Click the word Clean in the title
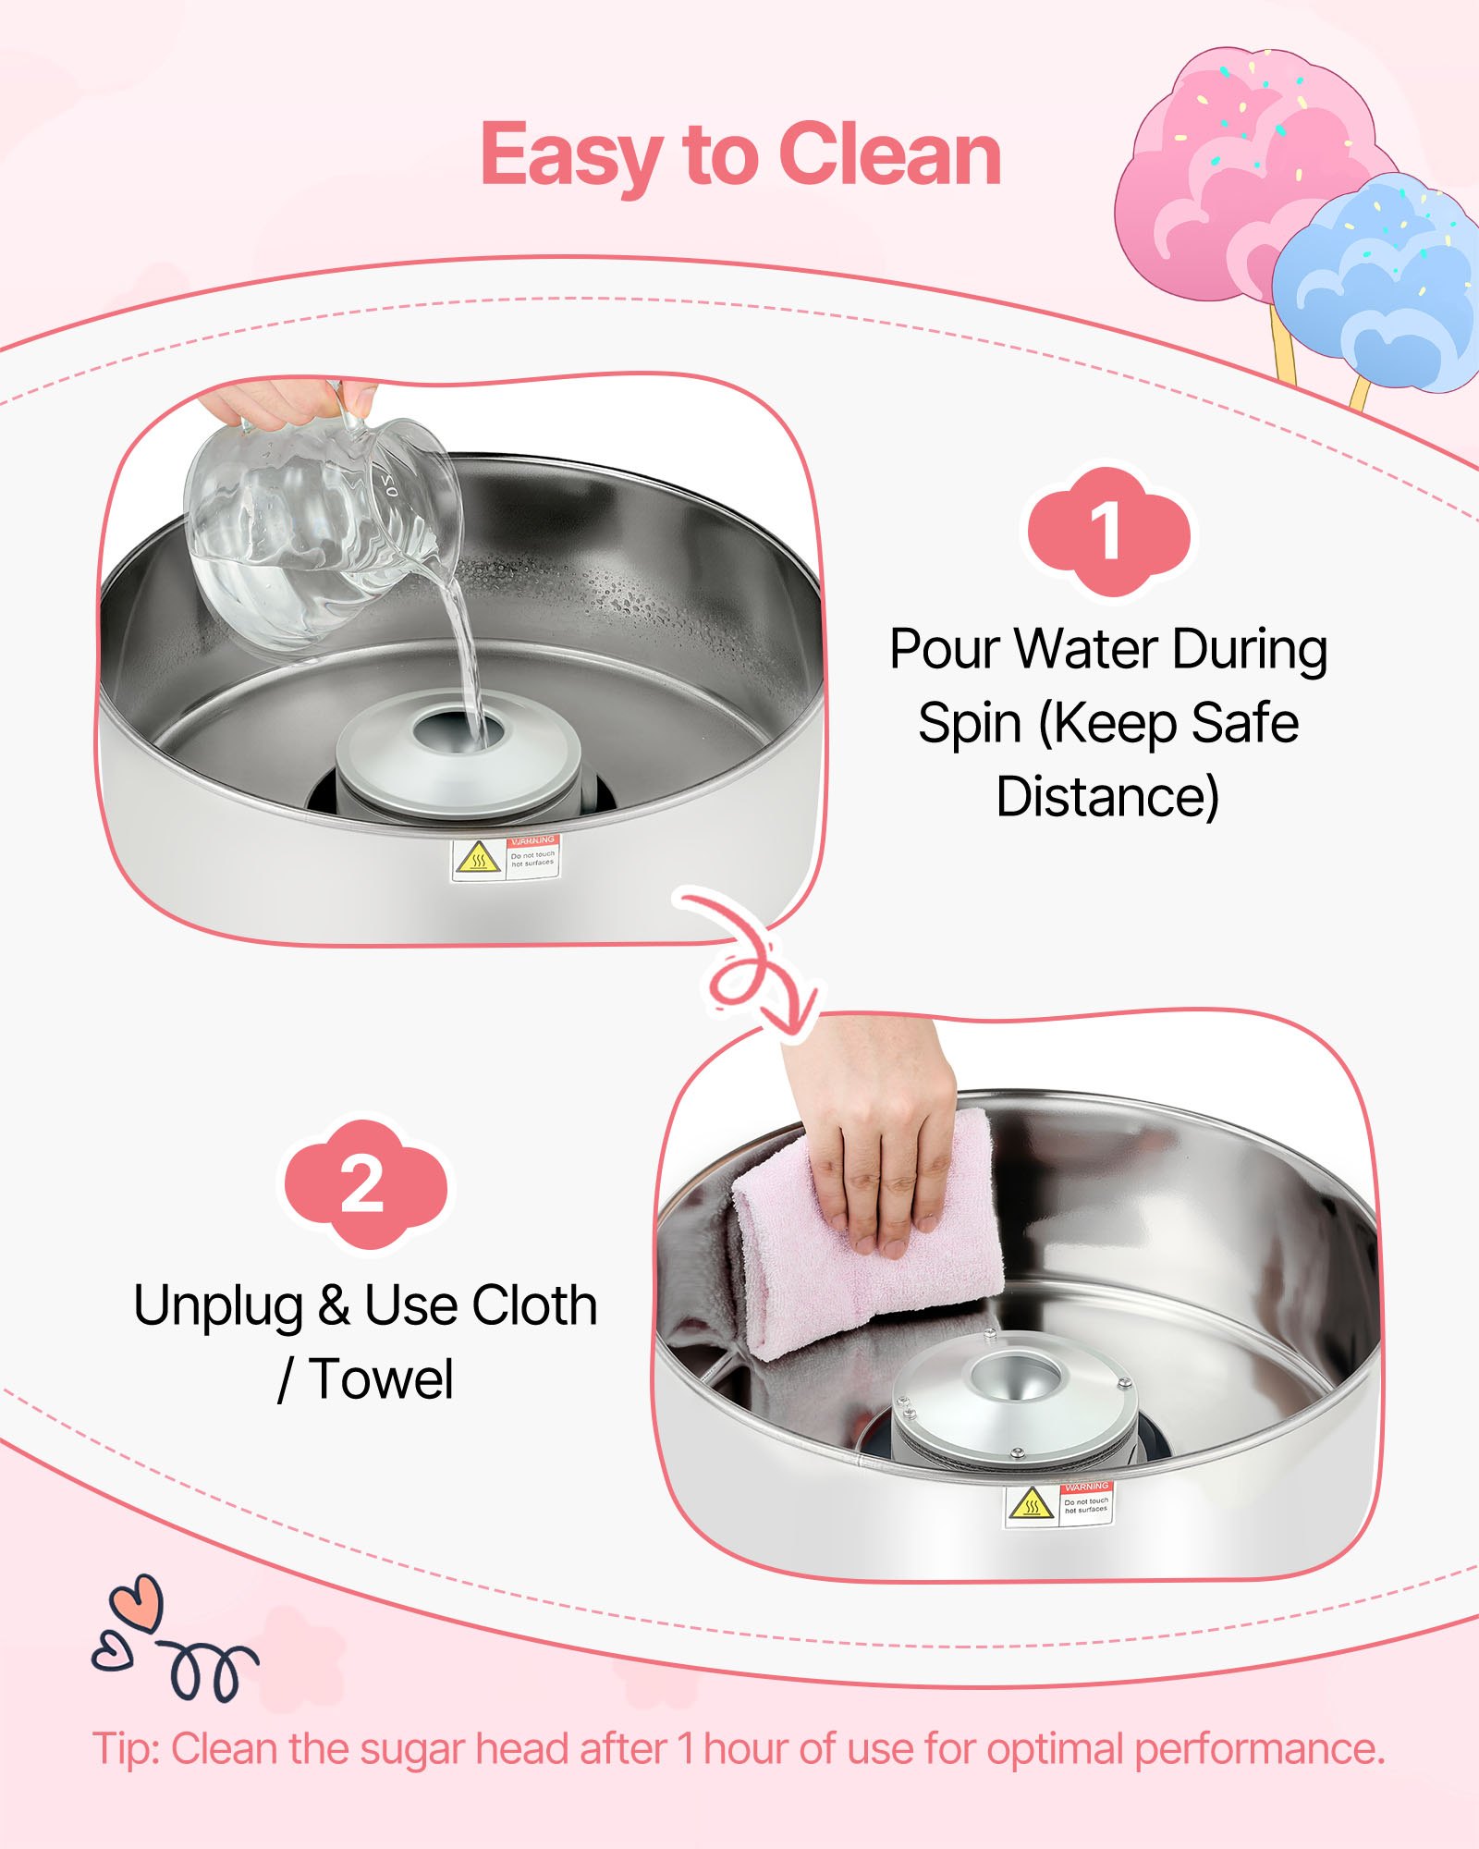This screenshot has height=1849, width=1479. tap(889, 155)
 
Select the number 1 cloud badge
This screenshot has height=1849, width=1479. tap(1107, 532)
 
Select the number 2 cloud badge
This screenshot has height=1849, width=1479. tap(363, 1185)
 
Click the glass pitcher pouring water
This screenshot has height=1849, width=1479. tap(314, 527)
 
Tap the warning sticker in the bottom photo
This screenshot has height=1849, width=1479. tap(1059, 1505)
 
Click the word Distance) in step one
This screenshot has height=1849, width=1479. tap(1107, 797)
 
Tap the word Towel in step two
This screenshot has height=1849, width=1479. tap(381, 1380)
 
